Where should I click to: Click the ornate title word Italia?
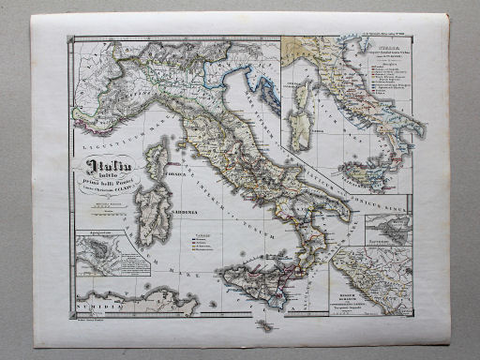[105, 169]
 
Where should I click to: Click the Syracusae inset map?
[386, 229]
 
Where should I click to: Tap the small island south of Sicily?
[266, 326]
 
